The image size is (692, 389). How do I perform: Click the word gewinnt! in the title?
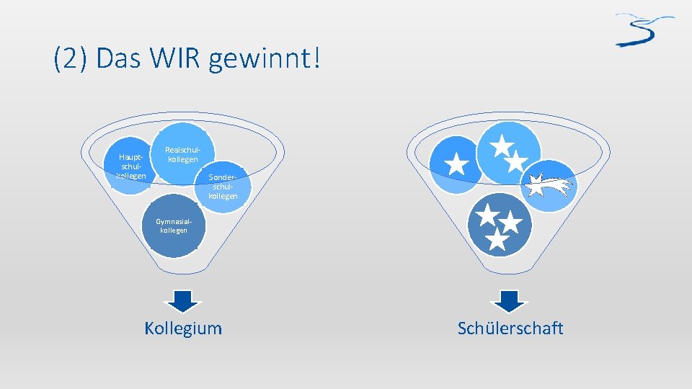coord(262,60)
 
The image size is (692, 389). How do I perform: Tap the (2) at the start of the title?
coord(71,58)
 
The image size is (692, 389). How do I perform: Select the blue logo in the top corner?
coord(644,30)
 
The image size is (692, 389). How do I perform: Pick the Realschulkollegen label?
coord(181,154)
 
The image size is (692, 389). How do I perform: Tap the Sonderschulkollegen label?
coord(223,186)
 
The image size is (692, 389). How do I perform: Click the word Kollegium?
coord(183,328)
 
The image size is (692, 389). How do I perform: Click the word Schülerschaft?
coord(510,328)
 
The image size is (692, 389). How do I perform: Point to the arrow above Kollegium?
coord(183,300)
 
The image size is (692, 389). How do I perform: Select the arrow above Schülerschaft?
coord(510,300)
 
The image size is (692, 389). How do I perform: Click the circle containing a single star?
coord(456,165)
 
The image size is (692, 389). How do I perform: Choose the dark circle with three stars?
coord(498,225)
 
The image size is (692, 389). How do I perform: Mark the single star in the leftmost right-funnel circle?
coord(456,164)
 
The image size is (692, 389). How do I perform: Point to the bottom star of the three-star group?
coord(497,239)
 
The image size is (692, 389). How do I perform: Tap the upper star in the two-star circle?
coord(501,146)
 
